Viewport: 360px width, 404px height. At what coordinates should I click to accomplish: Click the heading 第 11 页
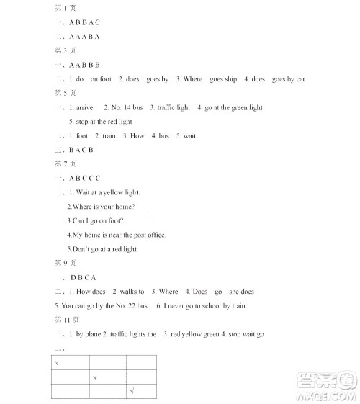[x=68, y=319]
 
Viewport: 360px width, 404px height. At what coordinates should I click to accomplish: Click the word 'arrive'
[x=84, y=107]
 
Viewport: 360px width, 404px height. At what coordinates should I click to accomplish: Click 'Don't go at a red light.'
[x=103, y=249]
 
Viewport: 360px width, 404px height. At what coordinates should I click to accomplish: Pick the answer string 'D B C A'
[x=84, y=277]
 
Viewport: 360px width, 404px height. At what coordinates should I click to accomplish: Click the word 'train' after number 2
[x=109, y=135]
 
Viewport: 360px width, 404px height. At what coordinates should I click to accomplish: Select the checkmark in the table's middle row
[x=95, y=376]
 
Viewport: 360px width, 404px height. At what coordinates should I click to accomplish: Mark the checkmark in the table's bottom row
[x=132, y=391]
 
